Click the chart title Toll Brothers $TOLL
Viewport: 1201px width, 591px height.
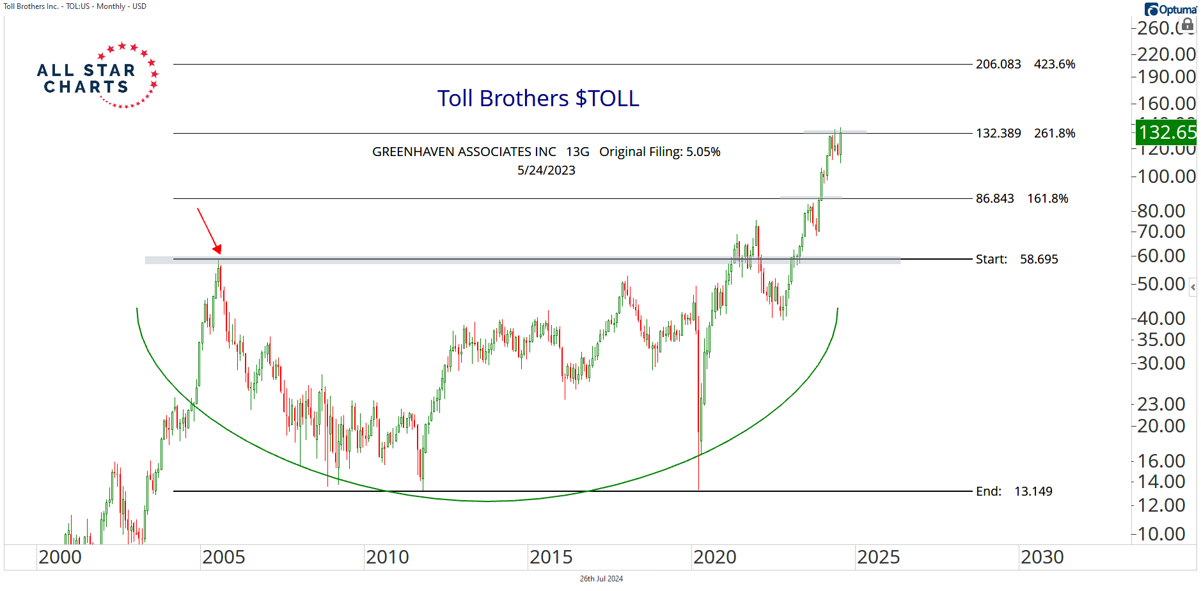[538, 98]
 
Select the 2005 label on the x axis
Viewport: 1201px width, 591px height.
[223, 557]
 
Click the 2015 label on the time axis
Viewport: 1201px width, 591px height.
[551, 557]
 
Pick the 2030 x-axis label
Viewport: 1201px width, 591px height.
[1042, 557]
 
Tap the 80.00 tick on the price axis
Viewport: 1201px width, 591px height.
[1161, 210]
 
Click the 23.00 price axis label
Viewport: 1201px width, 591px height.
[1161, 404]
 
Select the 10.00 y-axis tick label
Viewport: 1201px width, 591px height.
[1161, 534]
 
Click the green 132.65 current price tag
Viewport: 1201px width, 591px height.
[1166, 132]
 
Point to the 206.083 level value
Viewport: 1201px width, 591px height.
[998, 64]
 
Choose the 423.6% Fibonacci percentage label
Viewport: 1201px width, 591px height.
[1055, 64]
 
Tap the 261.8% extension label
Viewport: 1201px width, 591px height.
[1055, 133]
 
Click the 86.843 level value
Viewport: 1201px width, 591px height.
[994, 198]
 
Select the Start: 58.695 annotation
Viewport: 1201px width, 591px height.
[1017, 259]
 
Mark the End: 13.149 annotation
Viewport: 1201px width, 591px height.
[1014, 491]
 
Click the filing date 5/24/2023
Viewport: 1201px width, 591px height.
[546, 170]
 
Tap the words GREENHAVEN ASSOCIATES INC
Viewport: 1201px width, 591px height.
[464, 152]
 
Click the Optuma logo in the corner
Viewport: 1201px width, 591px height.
[1170, 9]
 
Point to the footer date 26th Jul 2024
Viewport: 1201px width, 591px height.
[601, 579]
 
